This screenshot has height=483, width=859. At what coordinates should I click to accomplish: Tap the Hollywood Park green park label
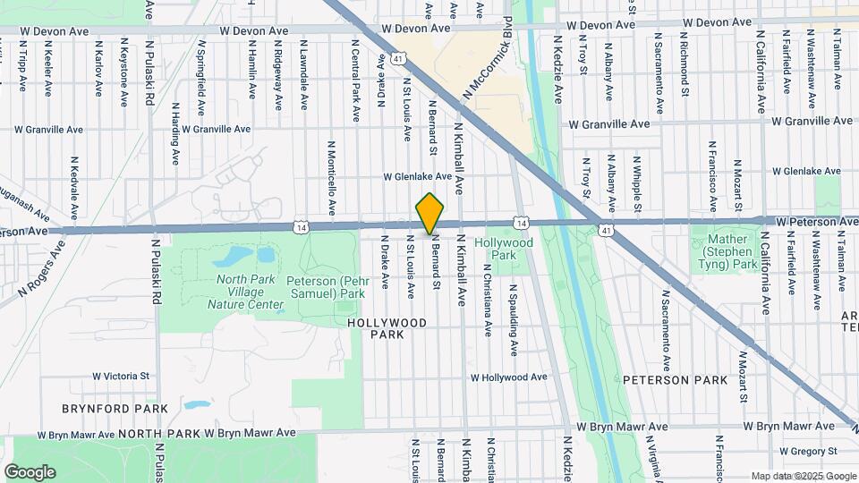click(x=504, y=249)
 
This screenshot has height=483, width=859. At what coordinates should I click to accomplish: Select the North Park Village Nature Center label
click(x=245, y=292)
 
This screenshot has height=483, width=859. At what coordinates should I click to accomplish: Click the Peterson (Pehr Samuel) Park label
click(x=326, y=286)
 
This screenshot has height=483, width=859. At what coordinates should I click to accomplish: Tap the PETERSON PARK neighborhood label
click(x=676, y=380)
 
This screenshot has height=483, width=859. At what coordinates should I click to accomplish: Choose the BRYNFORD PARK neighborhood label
click(x=115, y=409)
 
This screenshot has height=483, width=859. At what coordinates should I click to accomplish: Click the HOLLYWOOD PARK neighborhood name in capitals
click(x=387, y=327)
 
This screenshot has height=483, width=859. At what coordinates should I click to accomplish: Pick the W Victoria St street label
click(x=120, y=377)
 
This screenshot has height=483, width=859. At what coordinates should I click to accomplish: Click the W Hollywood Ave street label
click(x=507, y=377)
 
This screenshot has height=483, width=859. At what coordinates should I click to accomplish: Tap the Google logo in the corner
click(x=30, y=472)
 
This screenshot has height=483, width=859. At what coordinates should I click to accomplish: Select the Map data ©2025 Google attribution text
click(x=803, y=476)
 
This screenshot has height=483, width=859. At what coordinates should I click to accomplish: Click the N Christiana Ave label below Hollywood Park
click(x=488, y=300)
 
